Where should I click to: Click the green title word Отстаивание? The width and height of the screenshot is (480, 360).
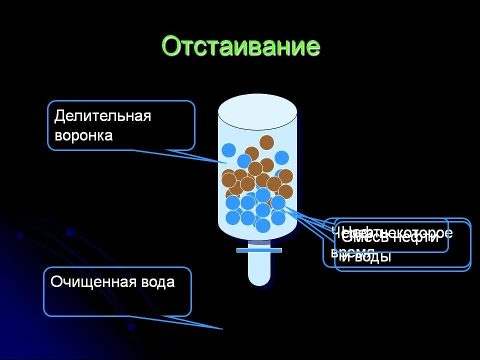[x=240, y=46]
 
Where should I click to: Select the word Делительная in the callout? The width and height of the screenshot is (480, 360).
[x=102, y=116]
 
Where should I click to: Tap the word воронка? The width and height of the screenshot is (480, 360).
[x=83, y=135]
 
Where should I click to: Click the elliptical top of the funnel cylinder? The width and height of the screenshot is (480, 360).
[x=257, y=111]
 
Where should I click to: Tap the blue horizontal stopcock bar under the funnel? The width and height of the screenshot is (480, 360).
[x=259, y=250]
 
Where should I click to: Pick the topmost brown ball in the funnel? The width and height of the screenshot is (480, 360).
[x=266, y=142]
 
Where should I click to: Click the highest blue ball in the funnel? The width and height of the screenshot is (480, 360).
[x=228, y=150]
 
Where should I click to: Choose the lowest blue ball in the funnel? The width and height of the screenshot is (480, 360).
[x=262, y=225]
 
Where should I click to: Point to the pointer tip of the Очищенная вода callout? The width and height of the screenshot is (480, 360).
[x=222, y=328]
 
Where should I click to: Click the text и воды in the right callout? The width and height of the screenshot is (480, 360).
[x=366, y=257]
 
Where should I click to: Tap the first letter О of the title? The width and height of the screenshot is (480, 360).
[x=171, y=46]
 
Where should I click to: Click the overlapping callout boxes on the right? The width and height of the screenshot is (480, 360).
[x=397, y=244]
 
